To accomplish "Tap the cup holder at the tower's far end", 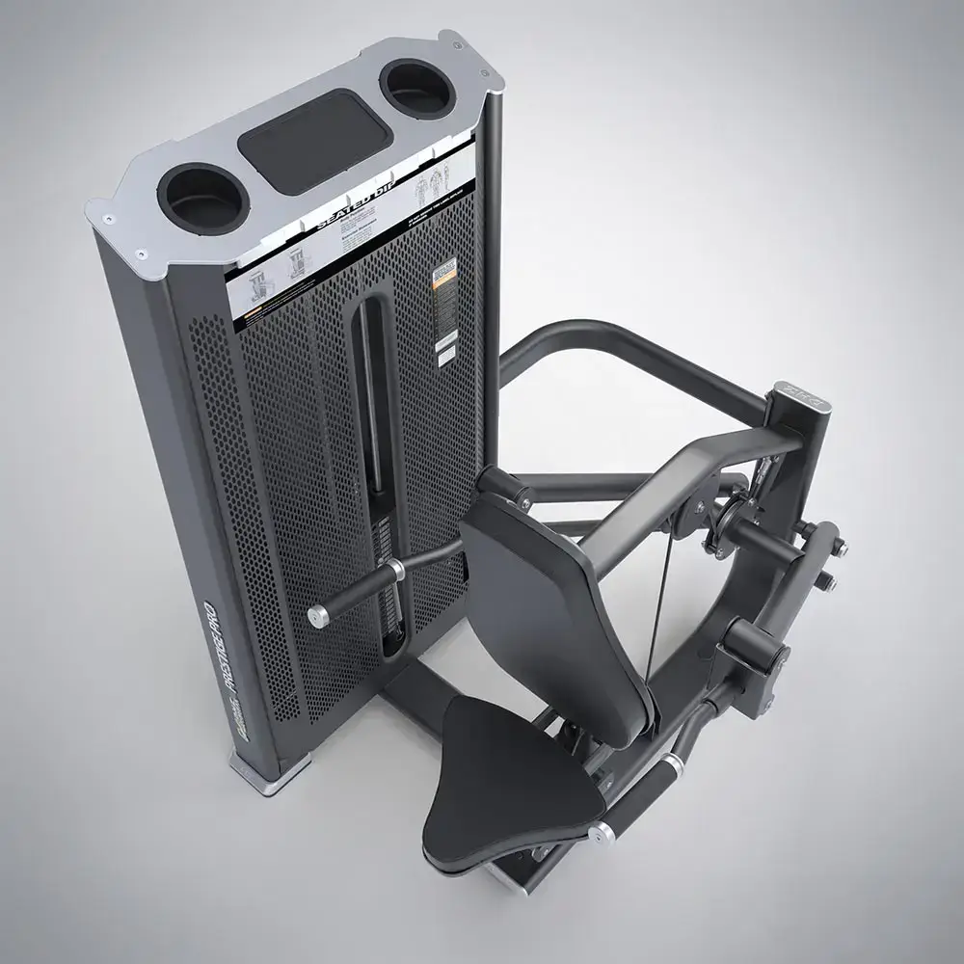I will coord(416,88).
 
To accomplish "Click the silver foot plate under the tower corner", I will coord(269,771).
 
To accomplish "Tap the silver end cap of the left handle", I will coord(317,617).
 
